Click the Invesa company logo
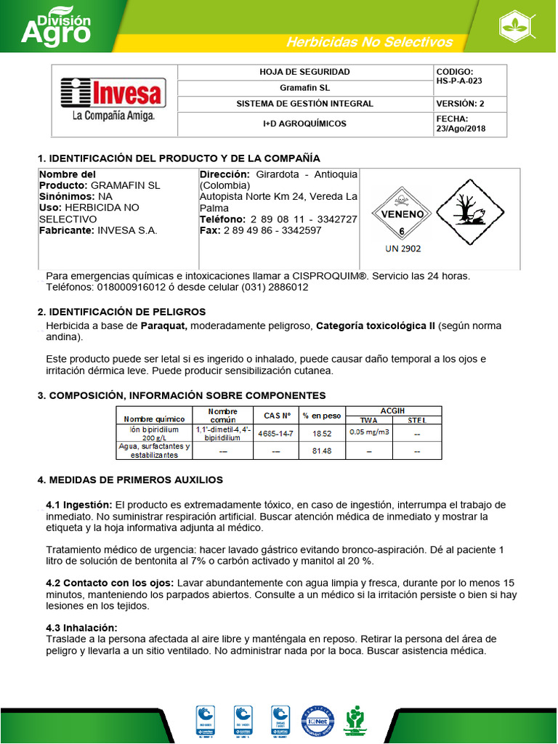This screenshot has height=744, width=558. pos(113,100)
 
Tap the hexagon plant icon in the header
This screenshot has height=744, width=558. pos(519,27)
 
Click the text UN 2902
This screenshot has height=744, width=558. pos(403,248)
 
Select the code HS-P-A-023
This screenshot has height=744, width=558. pos(458,81)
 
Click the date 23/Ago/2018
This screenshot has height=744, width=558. pos(461,129)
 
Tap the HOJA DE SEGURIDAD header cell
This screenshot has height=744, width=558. pos(304,72)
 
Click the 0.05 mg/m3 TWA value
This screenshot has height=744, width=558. pos(369,432)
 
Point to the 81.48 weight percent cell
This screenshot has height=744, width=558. pos(322,451)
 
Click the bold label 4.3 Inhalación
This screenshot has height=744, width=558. pos(81,628)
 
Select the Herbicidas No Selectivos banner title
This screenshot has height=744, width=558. pos(369,42)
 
